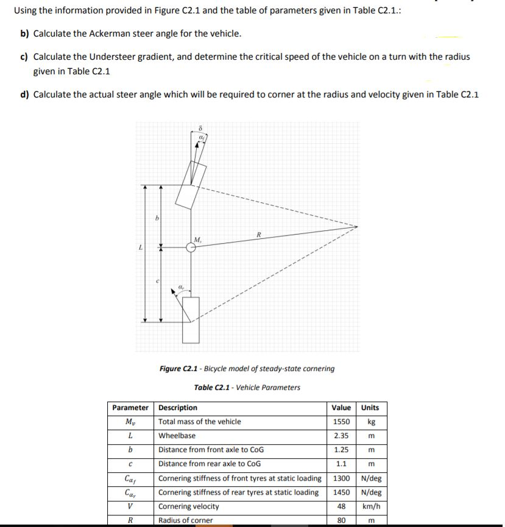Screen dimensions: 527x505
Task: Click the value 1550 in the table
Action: coord(341,422)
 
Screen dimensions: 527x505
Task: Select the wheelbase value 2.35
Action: coord(341,436)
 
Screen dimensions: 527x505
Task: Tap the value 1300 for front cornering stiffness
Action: coord(341,478)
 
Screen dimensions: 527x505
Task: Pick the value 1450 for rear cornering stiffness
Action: coord(341,492)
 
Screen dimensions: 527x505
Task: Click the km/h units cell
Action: coord(370,506)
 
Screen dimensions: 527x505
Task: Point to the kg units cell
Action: coord(370,422)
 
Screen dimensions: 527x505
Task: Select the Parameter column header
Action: coord(130,408)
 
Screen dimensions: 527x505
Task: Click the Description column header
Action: coord(178,408)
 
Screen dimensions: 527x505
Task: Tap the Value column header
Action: coord(341,408)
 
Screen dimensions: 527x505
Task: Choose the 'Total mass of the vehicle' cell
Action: coord(199,422)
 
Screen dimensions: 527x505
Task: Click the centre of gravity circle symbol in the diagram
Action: coord(191,247)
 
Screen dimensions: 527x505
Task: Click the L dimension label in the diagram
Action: coord(141,247)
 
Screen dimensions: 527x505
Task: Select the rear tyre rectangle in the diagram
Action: coord(191,320)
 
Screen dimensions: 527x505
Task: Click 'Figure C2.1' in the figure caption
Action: coord(179,369)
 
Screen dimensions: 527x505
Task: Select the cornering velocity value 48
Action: coord(341,506)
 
